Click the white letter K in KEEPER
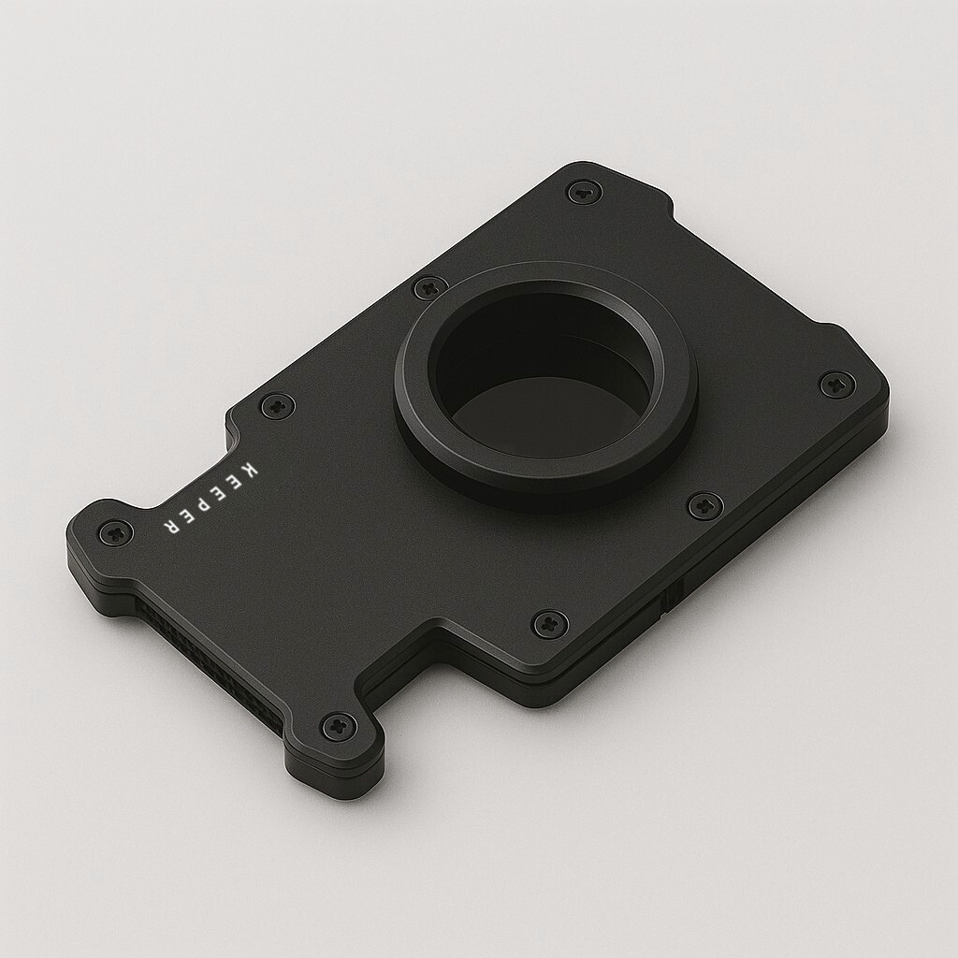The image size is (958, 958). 248,467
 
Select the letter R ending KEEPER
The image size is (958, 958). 172,526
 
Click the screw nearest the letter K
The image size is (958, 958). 277,406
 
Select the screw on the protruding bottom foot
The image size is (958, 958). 337,725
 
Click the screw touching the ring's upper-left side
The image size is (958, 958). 429,288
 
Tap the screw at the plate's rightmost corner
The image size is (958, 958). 836,384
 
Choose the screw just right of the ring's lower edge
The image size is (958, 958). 704,506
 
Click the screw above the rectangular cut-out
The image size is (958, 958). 549,624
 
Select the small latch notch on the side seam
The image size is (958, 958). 670,600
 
